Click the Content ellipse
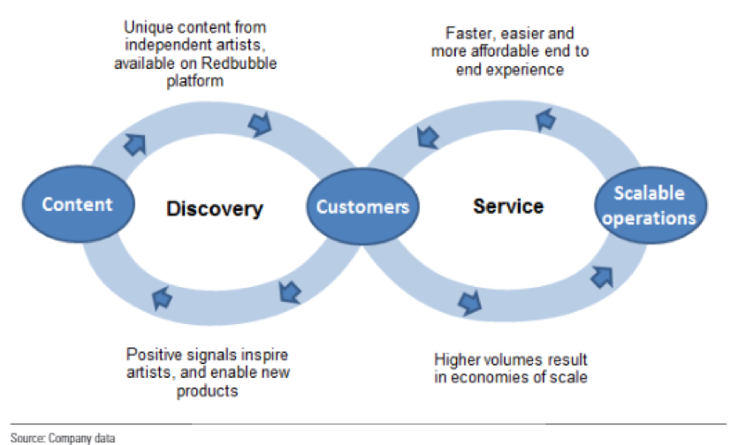click(78, 204)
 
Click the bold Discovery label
click(215, 209)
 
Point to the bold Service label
click(508, 207)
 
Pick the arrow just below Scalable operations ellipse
click(603, 276)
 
